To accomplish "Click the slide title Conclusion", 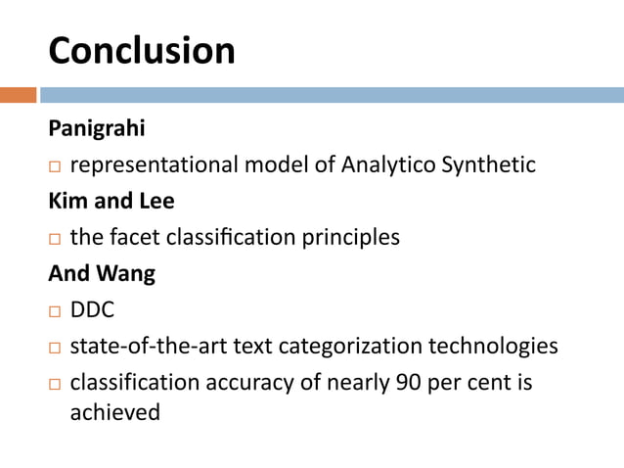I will click(142, 51).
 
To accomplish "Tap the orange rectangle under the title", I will click(18, 95).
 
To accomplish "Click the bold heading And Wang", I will click(102, 274).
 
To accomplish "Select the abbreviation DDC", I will click(93, 311).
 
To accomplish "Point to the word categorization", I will click(366, 347).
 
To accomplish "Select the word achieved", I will click(114, 413).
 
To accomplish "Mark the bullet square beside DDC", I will click(55, 312).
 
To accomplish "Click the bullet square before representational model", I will click(55, 166).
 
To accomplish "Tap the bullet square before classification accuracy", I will click(55, 384).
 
